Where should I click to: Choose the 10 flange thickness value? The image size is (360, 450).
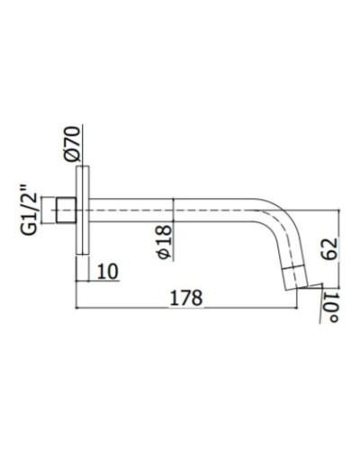coord(106,270)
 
